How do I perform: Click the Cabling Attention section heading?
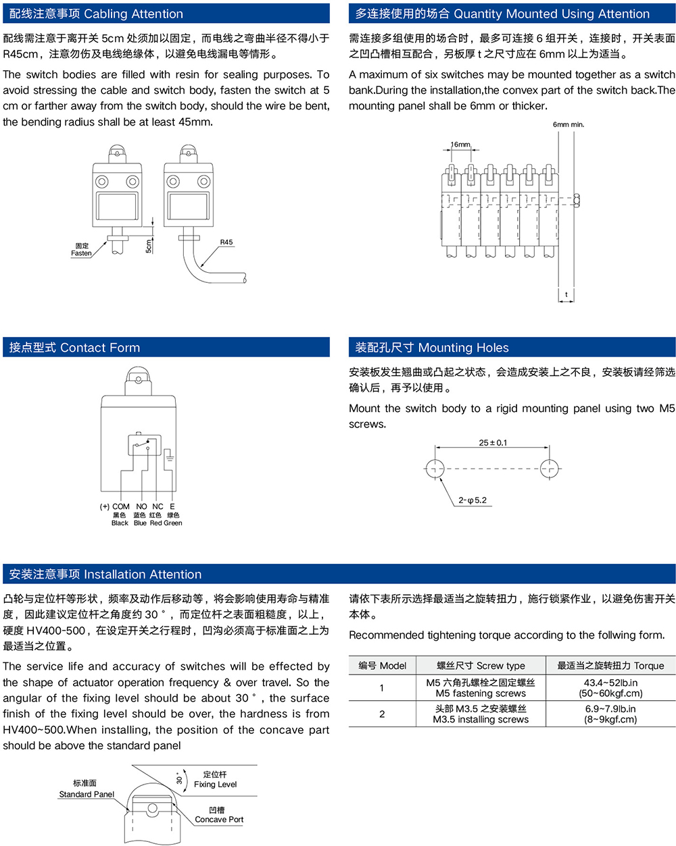point(96,14)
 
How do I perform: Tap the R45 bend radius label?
point(226,242)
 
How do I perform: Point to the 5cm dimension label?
point(149,246)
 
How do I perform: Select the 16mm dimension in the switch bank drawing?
point(460,144)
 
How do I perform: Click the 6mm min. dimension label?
point(568,124)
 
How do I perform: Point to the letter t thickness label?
point(566,294)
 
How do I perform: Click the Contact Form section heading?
point(74,348)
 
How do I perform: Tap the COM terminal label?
point(121,506)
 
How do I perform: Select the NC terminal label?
point(158,506)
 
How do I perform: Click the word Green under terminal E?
point(173,523)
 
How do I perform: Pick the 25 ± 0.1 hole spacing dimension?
point(493,443)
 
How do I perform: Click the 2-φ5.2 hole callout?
point(473,500)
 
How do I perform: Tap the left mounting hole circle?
point(435,468)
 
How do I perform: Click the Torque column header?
point(610,666)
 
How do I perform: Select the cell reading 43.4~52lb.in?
point(610,683)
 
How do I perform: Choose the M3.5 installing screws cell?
point(481,720)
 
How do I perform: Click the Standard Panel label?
point(87,794)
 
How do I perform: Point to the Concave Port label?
point(219,819)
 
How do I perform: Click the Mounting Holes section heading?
point(432,348)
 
